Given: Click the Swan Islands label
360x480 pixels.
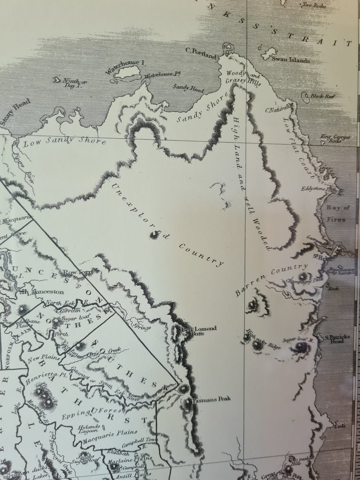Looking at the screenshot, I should coord(290,60).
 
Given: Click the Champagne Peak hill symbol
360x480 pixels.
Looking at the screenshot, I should coord(303,276).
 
